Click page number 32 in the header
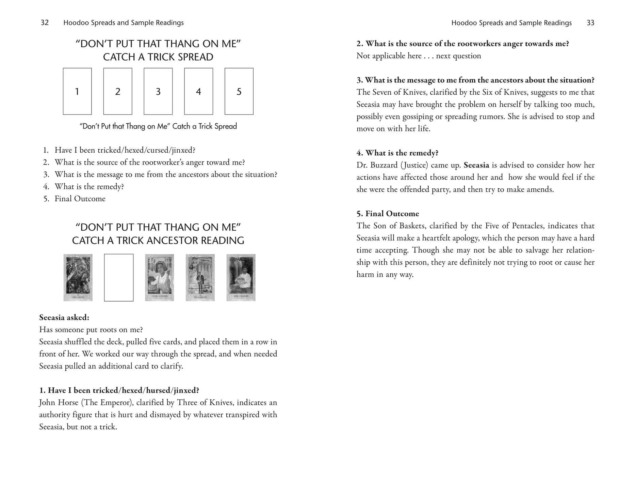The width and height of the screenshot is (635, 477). coord(45,23)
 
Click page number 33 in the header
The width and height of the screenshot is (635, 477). coord(590,23)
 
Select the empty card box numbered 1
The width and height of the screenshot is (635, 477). coord(77,91)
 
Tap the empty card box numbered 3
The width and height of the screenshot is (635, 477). coord(158,91)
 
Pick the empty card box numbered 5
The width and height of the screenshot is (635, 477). coord(239,91)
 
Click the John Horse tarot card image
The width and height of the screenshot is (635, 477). coord(78,277)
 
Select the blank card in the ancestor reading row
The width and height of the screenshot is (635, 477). coord(119,277)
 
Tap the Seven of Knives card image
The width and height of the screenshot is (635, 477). coord(159,277)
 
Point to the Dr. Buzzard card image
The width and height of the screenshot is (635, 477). coord(200,277)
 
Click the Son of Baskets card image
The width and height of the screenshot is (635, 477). coord(241,277)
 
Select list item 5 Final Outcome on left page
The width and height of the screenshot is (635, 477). coord(80,199)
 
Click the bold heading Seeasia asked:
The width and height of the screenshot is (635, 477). coord(64,318)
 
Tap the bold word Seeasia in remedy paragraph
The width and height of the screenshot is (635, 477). coord(476,165)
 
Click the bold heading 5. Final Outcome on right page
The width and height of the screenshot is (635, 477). coord(388,214)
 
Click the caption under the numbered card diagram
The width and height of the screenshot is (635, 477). coord(158,126)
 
